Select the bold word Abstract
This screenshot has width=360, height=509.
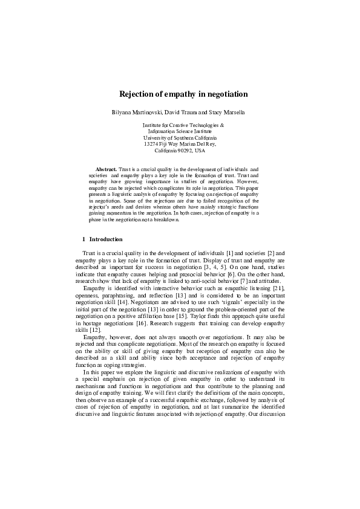coord(106,169)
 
